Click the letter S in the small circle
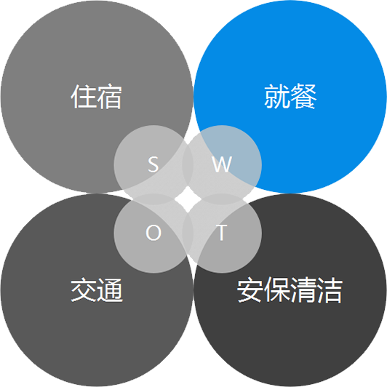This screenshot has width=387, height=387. [x=153, y=164]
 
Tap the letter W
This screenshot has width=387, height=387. [x=222, y=164]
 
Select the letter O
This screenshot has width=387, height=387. [x=153, y=233]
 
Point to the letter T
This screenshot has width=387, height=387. [x=222, y=233]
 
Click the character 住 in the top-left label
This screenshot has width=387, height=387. [x=84, y=96]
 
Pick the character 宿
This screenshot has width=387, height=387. [x=109, y=96]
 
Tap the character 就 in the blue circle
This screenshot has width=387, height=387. [x=277, y=96]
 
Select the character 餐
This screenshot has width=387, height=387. [x=303, y=96]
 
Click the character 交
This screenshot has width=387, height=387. [x=84, y=290]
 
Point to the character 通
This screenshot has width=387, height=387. [x=110, y=290]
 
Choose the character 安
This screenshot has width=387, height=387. [x=250, y=290]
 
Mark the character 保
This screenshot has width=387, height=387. [x=276, y=290]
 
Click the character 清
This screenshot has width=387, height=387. [x=303, y=290]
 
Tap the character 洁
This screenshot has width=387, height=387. [x=330, y=290]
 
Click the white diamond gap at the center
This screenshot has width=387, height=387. [x=188, y=199]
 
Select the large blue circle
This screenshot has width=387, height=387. [x=308, y=74]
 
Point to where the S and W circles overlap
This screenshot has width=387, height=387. [x=188, y=164]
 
